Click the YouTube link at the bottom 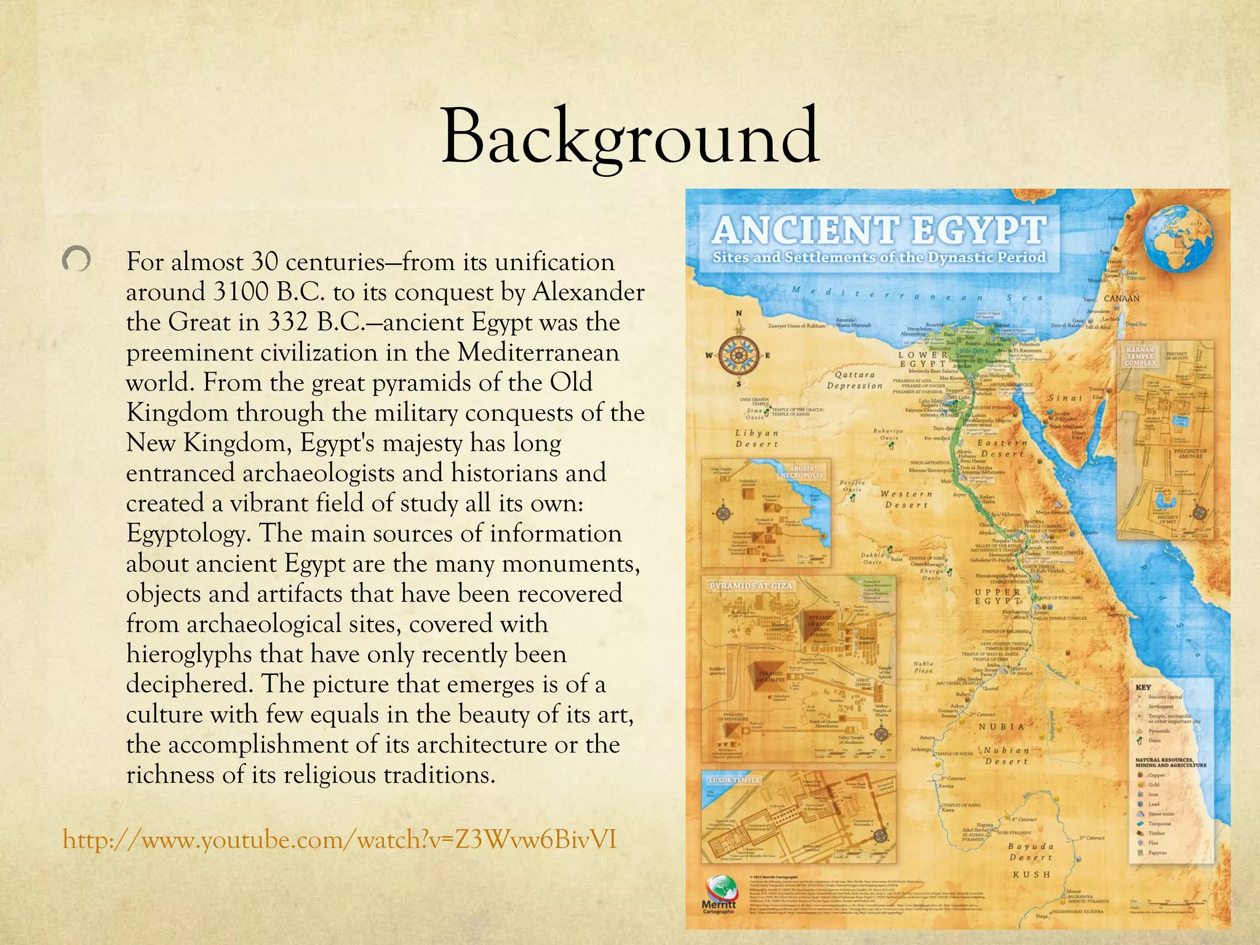(340, 840)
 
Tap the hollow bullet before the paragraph (77, 260)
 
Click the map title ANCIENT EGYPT (879, 229)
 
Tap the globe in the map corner (1179, 234)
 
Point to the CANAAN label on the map (1122, 298)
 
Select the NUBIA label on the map (1002, 727)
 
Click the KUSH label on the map (1031, 874)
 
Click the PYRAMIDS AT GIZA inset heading (751, 586)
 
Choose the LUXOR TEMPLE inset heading (734, 780)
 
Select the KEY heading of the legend (1142, 687)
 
